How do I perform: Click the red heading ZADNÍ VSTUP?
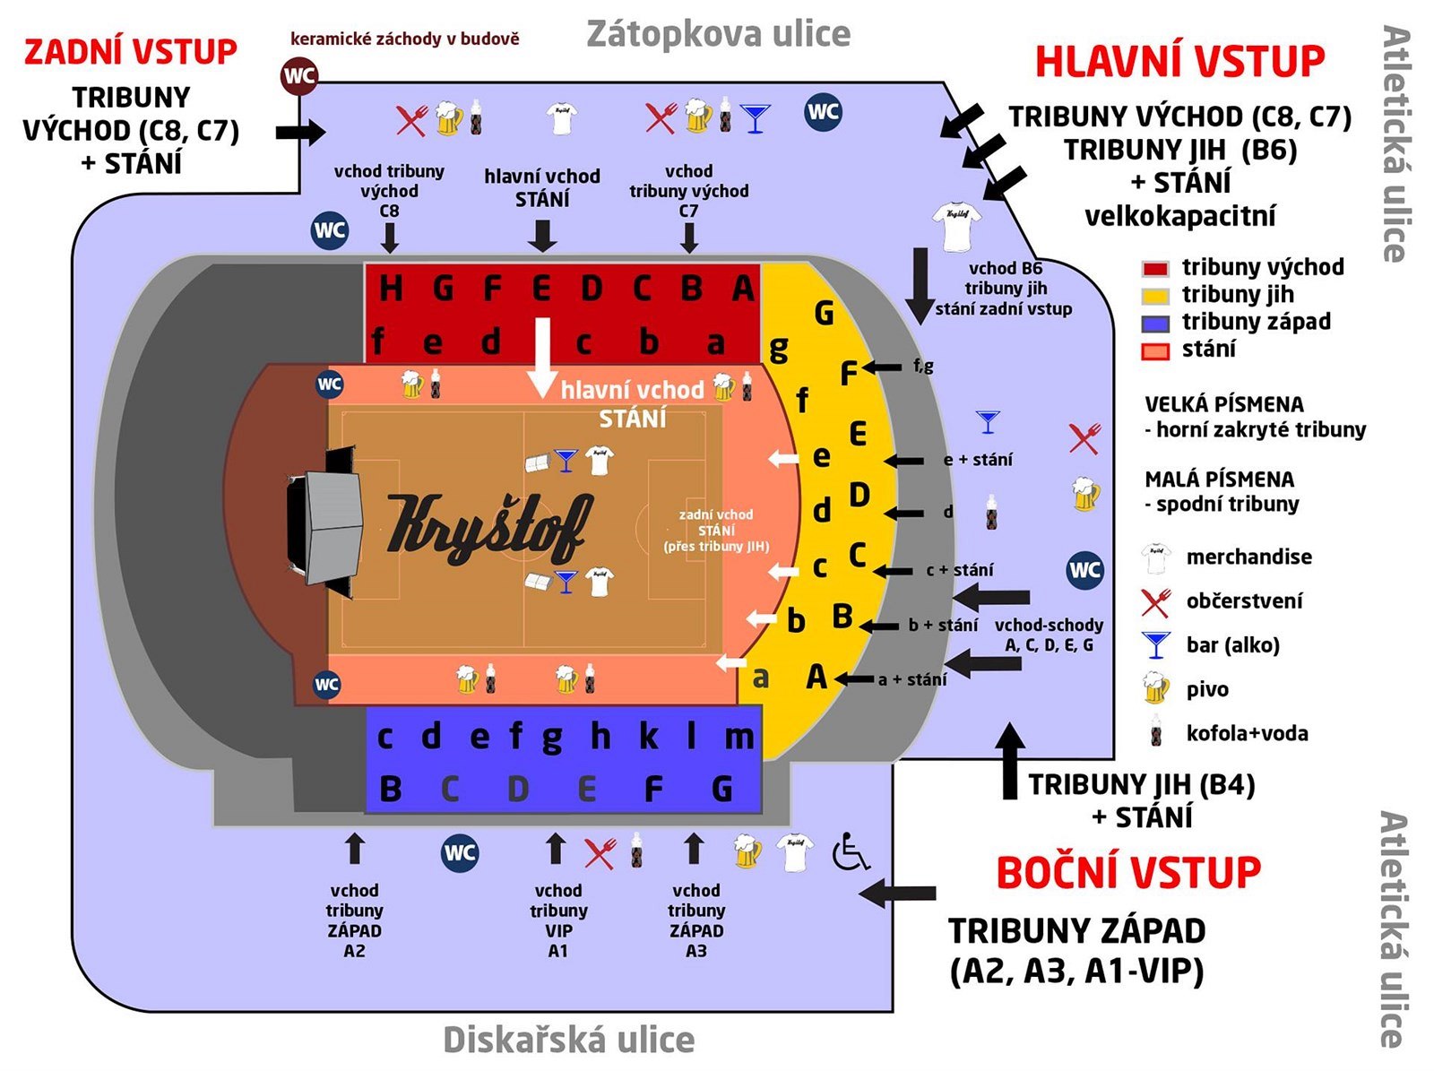(x=131, y=52)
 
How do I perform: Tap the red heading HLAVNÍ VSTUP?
(x=1179, y=62)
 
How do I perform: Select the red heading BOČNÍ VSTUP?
(x=1128, y=873)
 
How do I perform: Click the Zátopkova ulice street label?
(x=718, y=34)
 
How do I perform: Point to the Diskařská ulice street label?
(x=569, y=1040)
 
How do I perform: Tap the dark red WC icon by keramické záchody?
(x=299, y=75)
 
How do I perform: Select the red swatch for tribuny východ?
(x=1155, y=268)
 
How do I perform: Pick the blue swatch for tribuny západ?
(x=1155, y=324)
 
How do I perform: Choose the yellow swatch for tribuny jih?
(x=1155, y=296)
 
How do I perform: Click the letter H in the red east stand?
(x=390, y=289)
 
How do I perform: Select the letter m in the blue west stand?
(x=739, y=737)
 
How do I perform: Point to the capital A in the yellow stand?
(x=816, y=677)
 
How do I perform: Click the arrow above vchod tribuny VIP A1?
(x=556, y=848)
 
